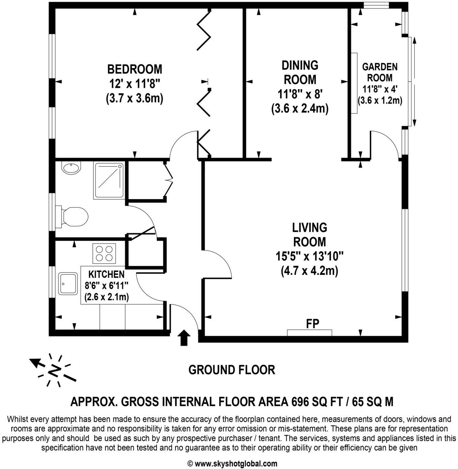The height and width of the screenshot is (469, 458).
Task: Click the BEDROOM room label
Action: point(134,69)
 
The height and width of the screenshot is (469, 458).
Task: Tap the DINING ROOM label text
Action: point(300,72)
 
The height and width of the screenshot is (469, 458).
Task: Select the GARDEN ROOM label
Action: point(380,72)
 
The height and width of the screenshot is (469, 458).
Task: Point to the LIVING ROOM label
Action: point(309,234)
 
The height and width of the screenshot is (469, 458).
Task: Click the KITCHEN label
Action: point(106,274)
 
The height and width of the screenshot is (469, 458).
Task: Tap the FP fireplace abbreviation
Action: point(313,324)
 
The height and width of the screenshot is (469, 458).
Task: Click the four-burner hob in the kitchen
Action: point(104,253)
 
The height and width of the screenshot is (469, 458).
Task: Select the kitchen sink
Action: point(68,284)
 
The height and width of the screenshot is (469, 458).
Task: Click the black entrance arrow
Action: point(184,338)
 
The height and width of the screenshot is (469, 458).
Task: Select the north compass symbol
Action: point(54,370)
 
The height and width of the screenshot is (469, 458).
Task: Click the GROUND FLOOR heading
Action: point(232,370)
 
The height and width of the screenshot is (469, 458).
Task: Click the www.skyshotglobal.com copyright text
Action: point(232,464)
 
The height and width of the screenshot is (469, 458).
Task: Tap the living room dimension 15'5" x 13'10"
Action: point(309,256)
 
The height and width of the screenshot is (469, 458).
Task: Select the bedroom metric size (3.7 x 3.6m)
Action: point(134,98)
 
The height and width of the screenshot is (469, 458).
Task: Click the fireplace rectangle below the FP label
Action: point(309,333)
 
